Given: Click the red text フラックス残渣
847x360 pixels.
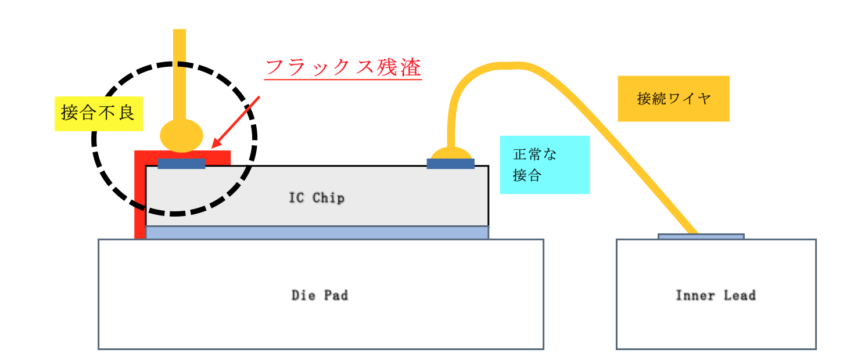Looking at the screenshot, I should point(343,68).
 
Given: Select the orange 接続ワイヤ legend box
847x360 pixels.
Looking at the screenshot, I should point(673,99).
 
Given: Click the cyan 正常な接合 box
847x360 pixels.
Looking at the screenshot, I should point(544,164).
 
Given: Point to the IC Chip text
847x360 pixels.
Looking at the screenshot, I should point(317,198).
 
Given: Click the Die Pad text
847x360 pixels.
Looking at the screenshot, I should point(320,295).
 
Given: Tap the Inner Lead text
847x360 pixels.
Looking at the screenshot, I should point(715,295).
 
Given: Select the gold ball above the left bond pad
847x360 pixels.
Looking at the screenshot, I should point(181,135).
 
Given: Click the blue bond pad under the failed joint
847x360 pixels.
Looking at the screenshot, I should point(181,164).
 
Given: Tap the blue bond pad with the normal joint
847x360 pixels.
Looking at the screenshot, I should point(450,164).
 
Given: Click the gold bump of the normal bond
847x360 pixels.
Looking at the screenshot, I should point(450,153).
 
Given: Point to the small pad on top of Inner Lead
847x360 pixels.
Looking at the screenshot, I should point(701,236).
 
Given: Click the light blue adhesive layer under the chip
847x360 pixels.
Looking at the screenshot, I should point(317,232).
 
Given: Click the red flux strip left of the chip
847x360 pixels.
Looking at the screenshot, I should point(139,203).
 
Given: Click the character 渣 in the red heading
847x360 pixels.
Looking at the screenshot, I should point(410,68).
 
